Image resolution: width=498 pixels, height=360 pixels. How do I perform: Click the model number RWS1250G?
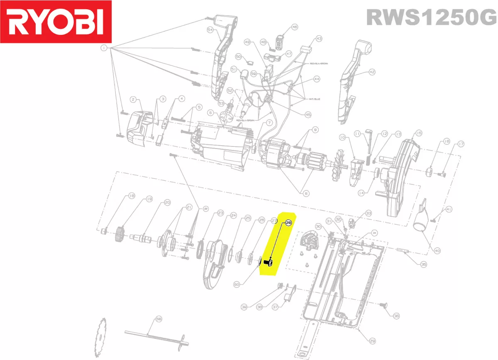pos(431,18)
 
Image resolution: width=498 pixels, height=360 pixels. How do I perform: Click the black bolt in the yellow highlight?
pos(268,262)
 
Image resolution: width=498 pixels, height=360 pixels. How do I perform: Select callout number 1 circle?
pos(103,49)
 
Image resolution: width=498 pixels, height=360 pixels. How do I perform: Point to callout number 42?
pos(371,72)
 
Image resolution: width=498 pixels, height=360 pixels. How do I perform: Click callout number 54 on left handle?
pos(210,29)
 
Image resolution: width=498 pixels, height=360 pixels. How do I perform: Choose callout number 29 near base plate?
pos(372,341)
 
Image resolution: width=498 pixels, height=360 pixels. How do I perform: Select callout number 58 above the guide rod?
pos(158,319)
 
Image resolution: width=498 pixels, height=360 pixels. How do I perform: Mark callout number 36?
pos(396,316)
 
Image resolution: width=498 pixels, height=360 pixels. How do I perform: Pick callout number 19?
pos(149,199)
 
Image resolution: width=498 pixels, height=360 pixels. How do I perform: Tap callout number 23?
pos(220,213)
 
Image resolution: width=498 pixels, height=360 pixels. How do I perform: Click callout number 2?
pos(133,99)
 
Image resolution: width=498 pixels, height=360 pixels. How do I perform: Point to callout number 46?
pos(295,27)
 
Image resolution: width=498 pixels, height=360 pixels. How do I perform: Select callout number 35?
pos(423,264)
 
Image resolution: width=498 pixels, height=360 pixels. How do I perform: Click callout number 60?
pos(237,285)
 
